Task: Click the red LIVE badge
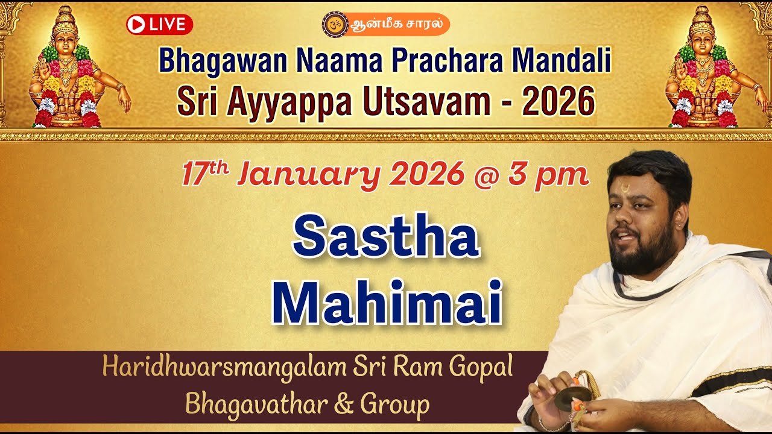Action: (159, 25)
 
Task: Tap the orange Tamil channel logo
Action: (386, 25)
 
